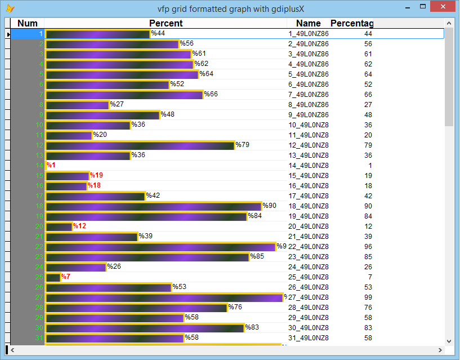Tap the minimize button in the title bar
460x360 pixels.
(407, 7)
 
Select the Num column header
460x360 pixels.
(28, 23)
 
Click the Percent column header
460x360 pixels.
(166, 23)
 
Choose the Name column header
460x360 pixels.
(308, 23)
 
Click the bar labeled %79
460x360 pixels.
(140, 145)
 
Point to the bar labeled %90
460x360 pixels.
(153, 206)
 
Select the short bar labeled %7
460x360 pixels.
(53, 277)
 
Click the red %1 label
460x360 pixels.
(51, 166)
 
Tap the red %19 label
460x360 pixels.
(96, 176)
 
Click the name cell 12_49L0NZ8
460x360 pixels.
(309, 145)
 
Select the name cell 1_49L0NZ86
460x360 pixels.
(309, 34)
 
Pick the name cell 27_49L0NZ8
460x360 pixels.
(309, 297)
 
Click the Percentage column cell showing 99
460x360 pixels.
(368, 297)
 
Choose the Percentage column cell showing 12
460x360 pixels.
(368, 226)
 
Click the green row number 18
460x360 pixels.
(39, 206)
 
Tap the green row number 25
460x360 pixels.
(39, 277)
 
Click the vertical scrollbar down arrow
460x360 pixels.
(449, 341)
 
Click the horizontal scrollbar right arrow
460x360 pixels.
(440, 350)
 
